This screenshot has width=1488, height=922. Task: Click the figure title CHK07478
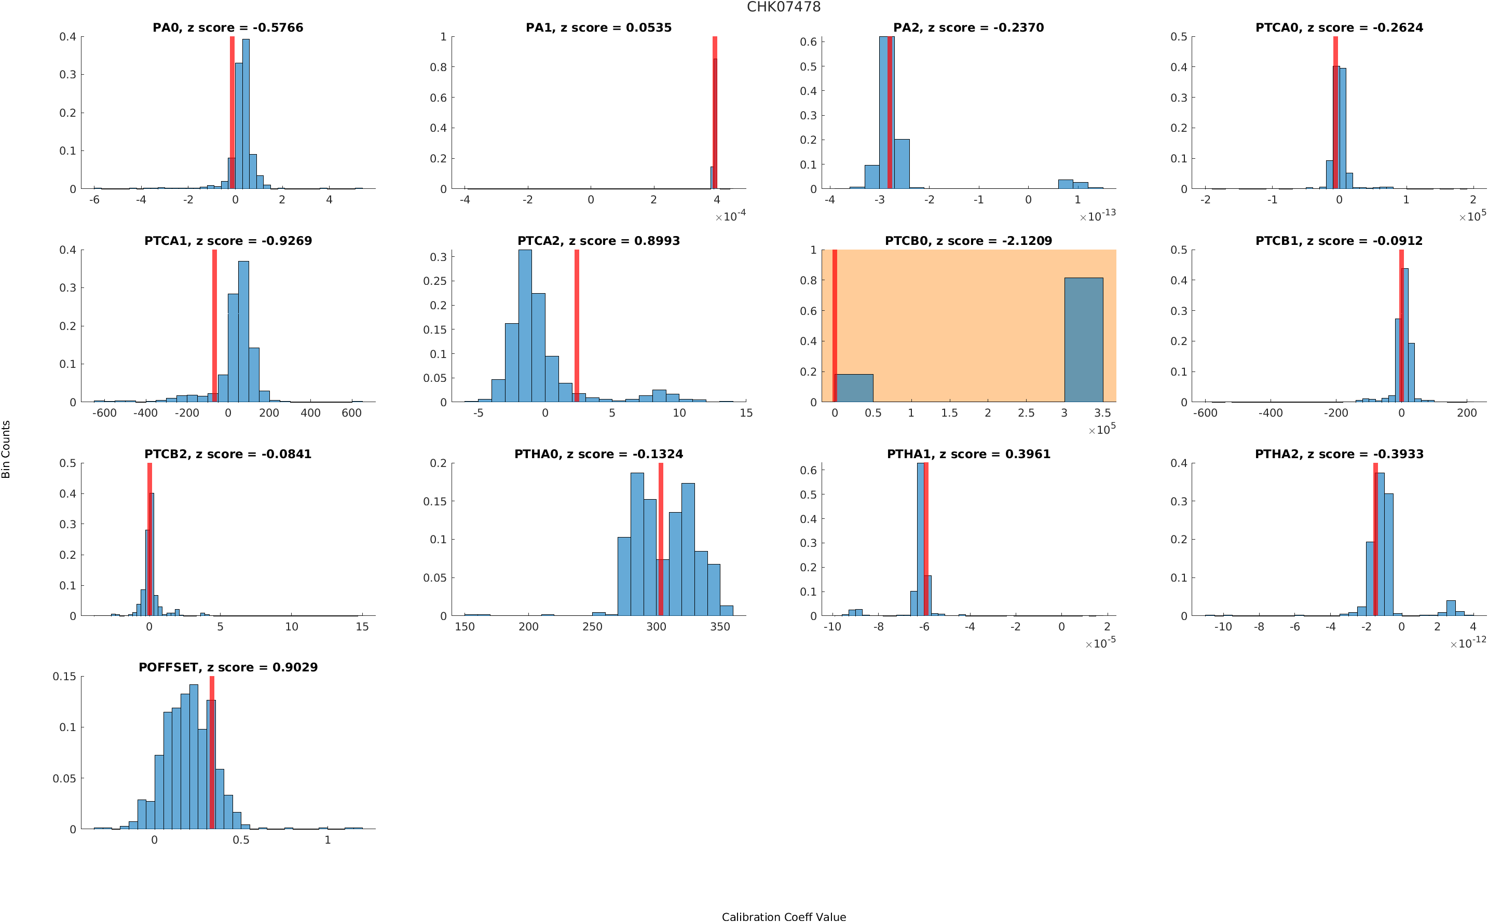(x=783, y=7)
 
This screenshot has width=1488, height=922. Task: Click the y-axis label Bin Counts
(x=6, y=449)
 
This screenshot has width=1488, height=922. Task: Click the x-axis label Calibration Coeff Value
(x=783, y=916)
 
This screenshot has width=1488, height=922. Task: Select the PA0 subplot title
(x=227, y=27)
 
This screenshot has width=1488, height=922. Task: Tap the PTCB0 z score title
(x=968, y=241)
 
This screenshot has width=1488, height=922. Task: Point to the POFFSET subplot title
(x=227, y=667)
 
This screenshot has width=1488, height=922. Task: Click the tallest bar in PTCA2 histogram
(x=524, y=326)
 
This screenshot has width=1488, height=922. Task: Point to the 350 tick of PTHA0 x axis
(x=719, y=626)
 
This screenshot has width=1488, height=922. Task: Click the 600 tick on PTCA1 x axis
(x=351, y=413)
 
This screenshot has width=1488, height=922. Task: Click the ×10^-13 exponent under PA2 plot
(x=1097, y=216)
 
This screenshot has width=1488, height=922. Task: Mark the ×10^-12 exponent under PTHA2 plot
(x=1467, y=643)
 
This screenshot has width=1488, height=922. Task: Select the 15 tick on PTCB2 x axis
(x=362, y=626)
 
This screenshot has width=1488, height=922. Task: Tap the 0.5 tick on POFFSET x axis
(x=241, y=840)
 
